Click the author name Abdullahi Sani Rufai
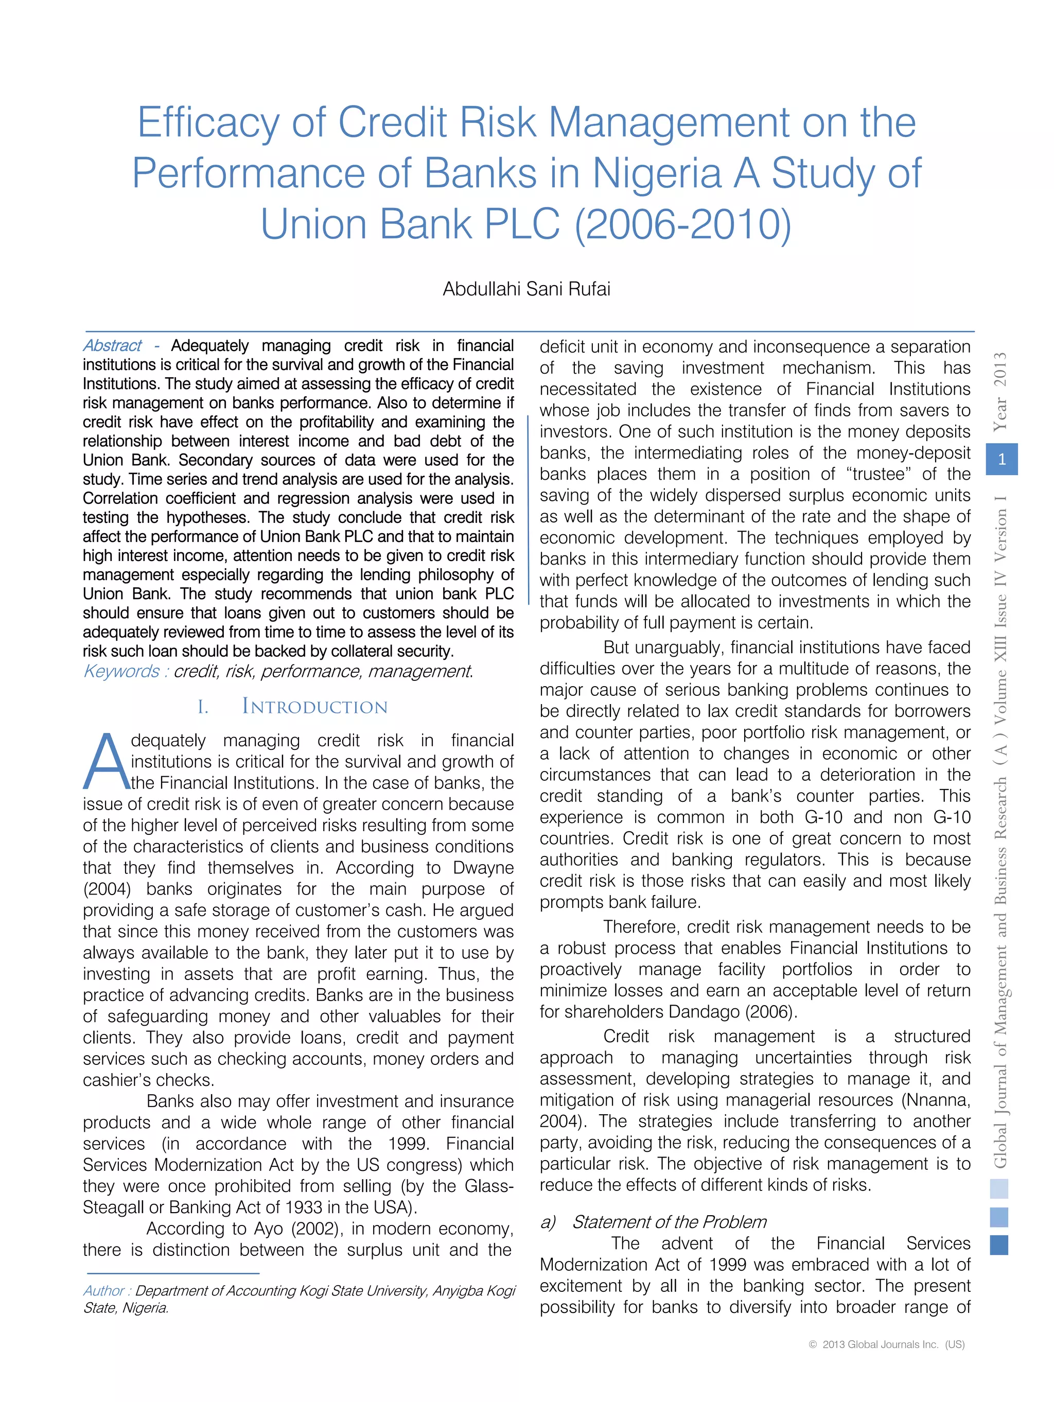click(526, 289)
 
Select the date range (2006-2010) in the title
click(682, 225)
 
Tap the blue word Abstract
click(112, 345)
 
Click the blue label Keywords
click(121, 671)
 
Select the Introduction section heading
click(314, 707)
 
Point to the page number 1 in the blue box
click(1002, 460)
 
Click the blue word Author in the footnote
click(104, 1291)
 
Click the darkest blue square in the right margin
click(999, 1246)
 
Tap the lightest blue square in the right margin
click(999, 1189)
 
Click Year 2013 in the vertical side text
click(1000, 392)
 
